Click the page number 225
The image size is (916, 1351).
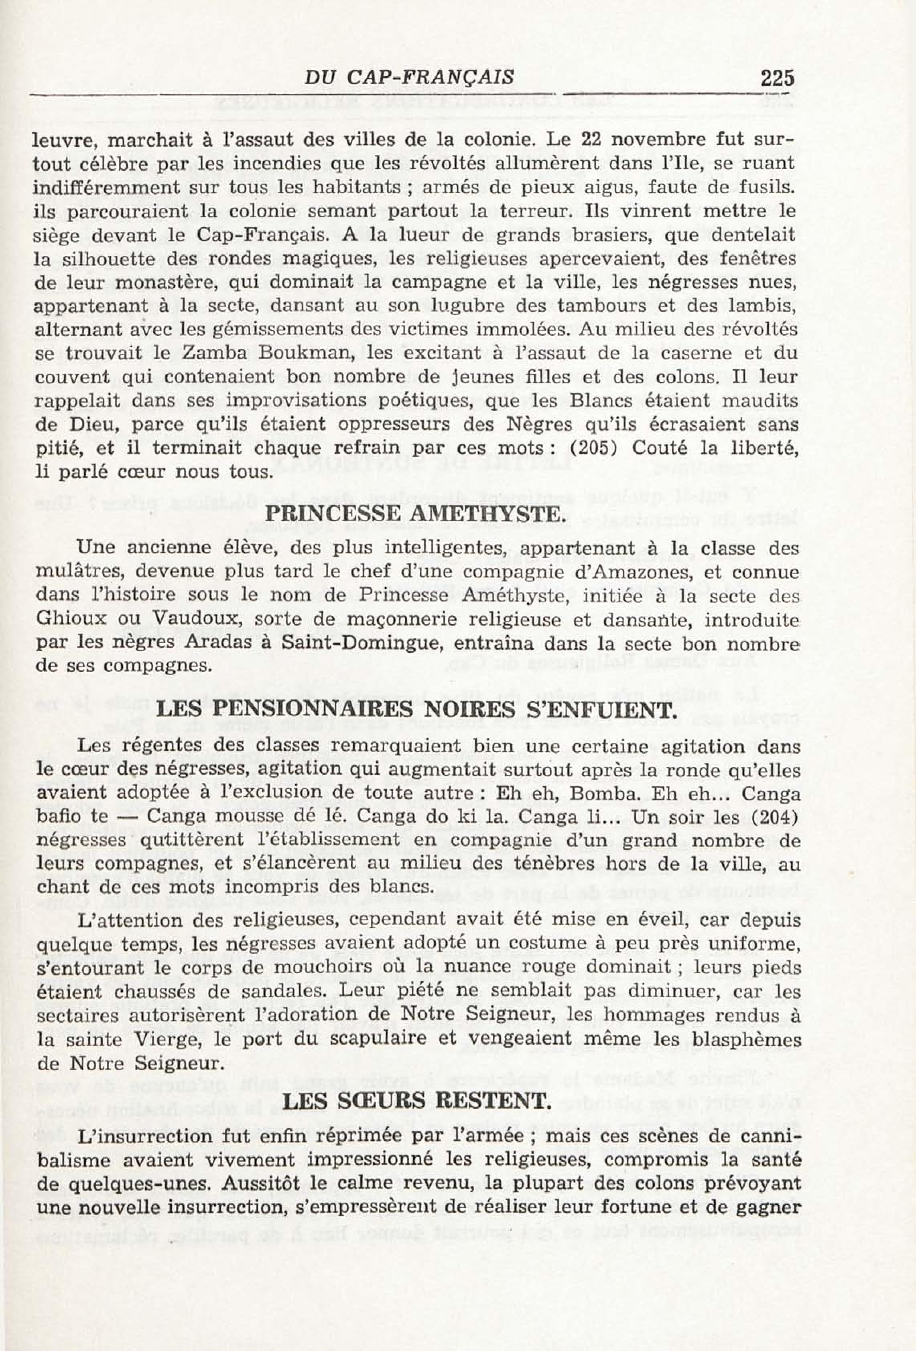coord(776,77)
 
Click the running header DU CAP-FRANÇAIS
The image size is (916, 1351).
coord(409,77)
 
